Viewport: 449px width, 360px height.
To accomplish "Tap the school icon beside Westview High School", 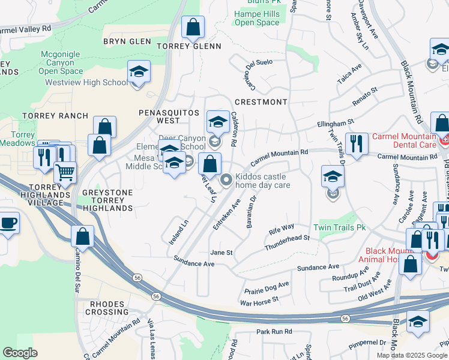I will pyautogui.click(x=139, y=73).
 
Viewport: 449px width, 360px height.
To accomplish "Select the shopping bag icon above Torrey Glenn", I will pyautogui.click(x=193, y=27).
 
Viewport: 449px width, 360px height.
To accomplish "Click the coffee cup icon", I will pyautogui.click(x=8, y=223).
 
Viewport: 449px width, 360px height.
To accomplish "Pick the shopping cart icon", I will pyautogui.click(x=65, y=172).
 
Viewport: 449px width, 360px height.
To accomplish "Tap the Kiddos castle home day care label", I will pyautogui.click(x=262, y=181).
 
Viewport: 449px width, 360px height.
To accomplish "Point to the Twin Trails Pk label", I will pyautogui.click(x=339, y=228).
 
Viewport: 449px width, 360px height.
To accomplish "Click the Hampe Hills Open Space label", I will pyautogui.click(x=257, y=18).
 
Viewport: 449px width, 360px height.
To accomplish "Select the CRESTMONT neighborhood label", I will pyautogui.click(x=261, y=102).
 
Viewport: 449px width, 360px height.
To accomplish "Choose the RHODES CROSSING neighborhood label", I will pyautogui.click(x=109, y=308).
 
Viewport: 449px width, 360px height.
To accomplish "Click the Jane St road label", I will pyautogui.click(x=221, y=253).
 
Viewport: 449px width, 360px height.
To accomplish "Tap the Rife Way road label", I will pyautogui.click(x=282, y=228).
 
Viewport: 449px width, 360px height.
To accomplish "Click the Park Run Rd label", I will pyautogui.click(x=274, y=331).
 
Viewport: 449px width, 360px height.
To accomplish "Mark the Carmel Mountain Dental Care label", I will pyautogui.click(x=403, y=140).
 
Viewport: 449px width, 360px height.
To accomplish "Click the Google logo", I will pyautogui.click(x=20, y=353).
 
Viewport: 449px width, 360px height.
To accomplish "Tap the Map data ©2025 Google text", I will pyautogui.click(x=411, y=355).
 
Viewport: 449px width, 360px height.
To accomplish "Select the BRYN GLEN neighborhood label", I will pyautogui.click(x=127, y=41).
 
